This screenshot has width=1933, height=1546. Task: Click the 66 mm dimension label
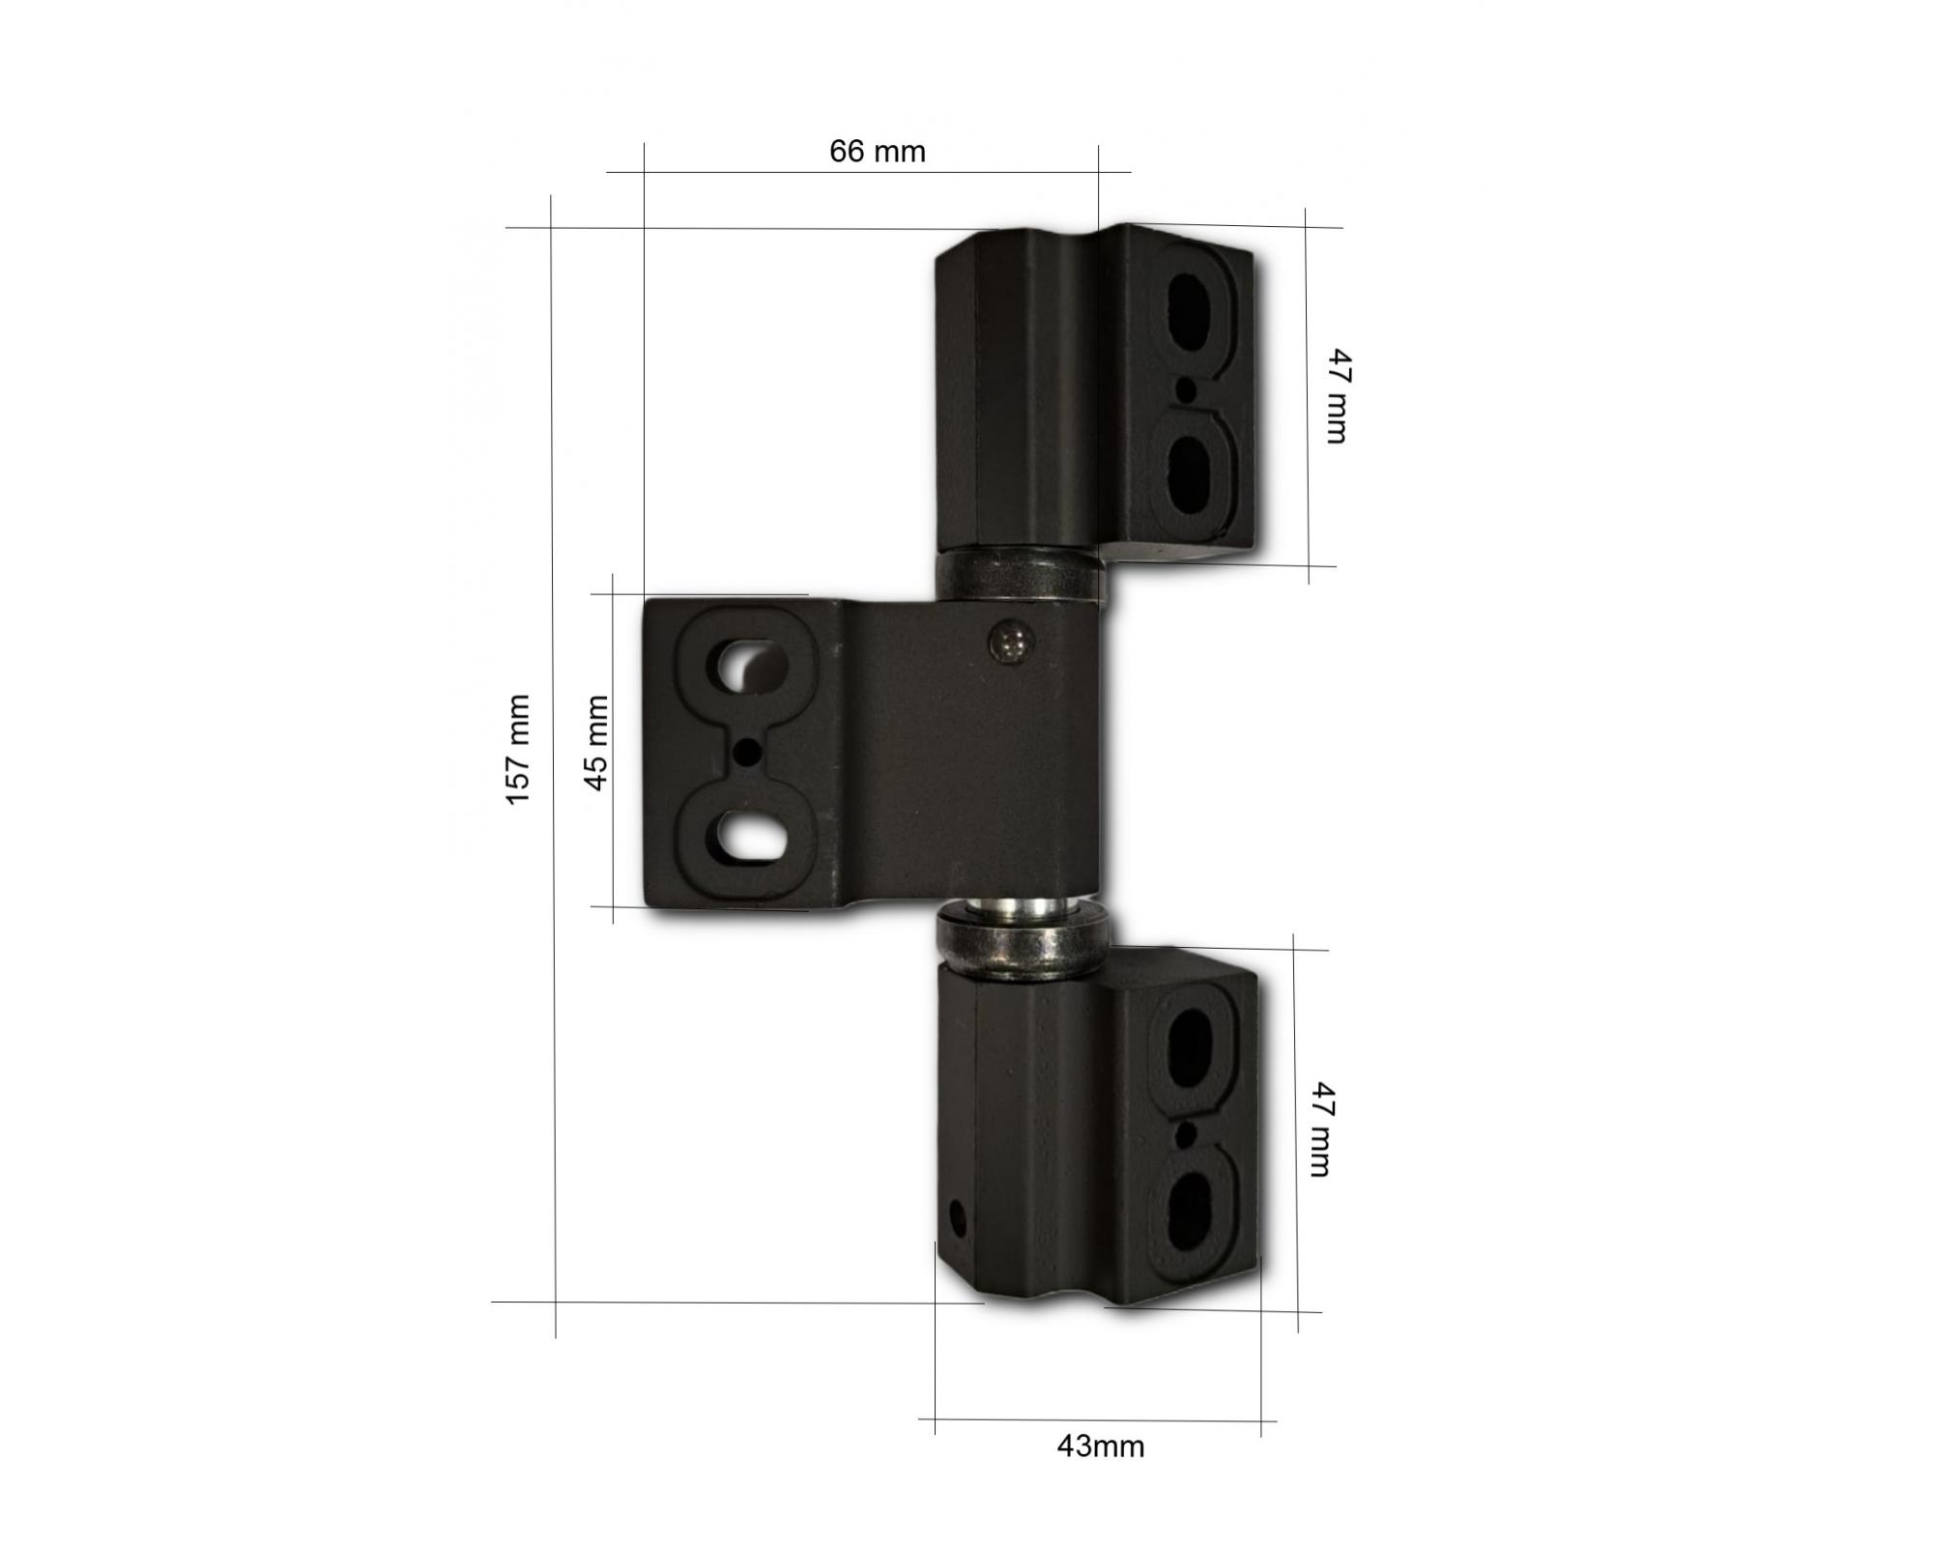tap(878, 152)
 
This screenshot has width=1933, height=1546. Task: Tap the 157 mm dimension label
tap(518, 749)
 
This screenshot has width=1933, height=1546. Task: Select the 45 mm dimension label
tap(597, 743)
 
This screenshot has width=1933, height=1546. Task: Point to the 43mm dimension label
tap(1101, 1446)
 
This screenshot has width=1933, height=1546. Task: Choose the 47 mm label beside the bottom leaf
tap(1321, 1129)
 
